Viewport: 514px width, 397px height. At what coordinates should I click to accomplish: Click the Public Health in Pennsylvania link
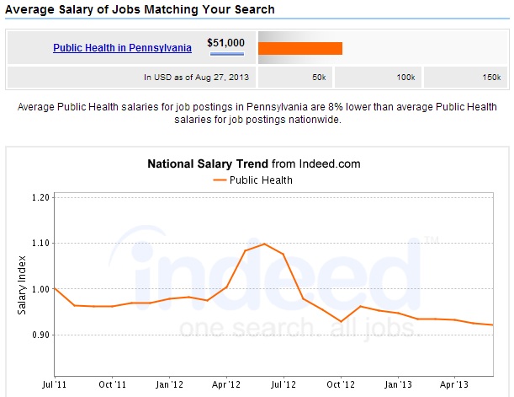point(122,48)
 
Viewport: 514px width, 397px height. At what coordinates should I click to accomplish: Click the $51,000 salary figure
point(225,42)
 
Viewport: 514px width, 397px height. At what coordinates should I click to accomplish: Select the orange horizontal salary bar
point(300,48)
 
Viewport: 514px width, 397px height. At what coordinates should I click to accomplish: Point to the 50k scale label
point(319,78)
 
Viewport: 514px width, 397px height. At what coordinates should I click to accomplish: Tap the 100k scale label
point(406,78)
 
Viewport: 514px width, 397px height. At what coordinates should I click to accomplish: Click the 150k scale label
point(492,78)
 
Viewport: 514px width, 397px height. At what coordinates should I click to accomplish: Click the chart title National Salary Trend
point(208,164)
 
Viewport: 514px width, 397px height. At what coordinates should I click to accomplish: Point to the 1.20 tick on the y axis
point(39,197)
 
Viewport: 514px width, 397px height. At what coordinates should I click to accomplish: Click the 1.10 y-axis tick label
point(39,243)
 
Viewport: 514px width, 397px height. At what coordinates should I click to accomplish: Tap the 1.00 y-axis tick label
point(39,289)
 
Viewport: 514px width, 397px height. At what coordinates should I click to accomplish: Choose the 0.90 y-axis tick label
point(39,335)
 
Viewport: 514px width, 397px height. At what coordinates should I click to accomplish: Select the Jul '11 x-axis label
point(55,384)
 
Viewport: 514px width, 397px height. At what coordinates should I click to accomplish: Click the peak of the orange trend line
point(264,244)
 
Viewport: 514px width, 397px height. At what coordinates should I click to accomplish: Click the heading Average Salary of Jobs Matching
point(140,10)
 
